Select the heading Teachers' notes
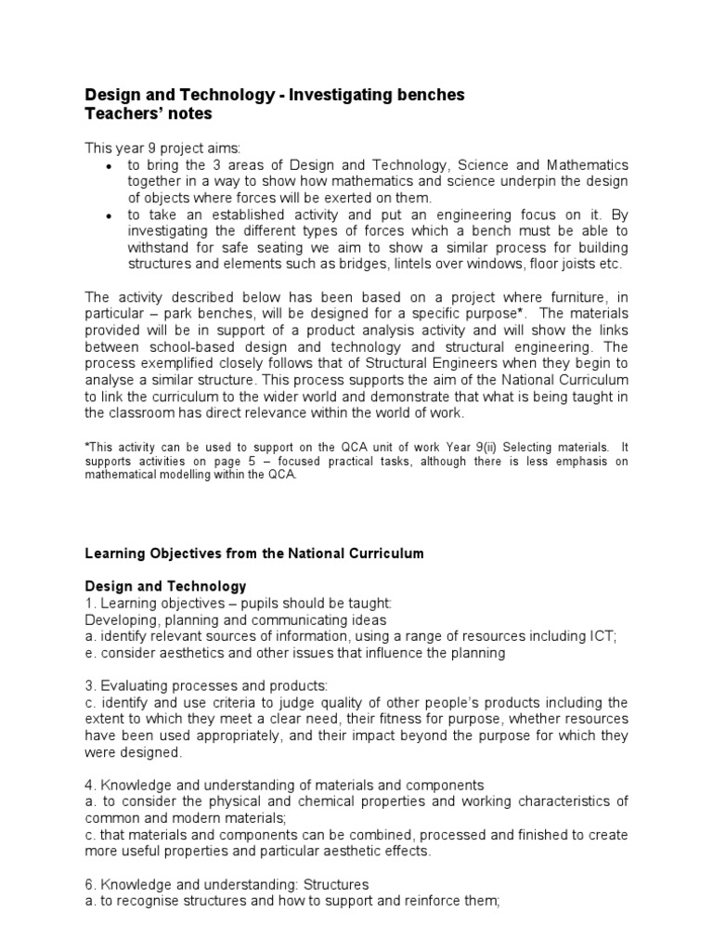tap(149, 113)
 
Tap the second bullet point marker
tap(110, 215)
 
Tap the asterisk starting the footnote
tap(87, 446)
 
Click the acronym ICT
tap(602, 635)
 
